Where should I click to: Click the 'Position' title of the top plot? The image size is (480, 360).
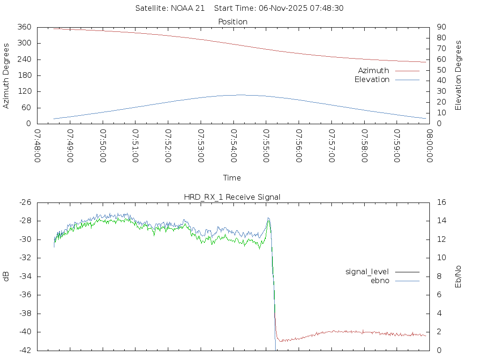233,22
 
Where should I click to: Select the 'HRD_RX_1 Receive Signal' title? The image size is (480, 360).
232,197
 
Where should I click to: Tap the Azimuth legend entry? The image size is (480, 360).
374,71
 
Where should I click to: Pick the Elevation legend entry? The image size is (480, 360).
372,80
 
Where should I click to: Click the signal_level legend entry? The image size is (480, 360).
367,272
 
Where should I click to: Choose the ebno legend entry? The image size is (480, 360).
380,281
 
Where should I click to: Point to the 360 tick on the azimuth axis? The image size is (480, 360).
24,27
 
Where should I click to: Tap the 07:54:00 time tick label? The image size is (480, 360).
233,146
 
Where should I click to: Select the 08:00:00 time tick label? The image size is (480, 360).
429,146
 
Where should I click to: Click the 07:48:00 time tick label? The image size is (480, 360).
37,146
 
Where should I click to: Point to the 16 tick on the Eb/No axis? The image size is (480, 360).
441,202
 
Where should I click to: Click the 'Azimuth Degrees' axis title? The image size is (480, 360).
7,75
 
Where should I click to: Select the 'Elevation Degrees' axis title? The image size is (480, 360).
458,75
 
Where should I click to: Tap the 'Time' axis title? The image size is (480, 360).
232,178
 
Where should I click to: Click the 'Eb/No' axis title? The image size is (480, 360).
458,276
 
